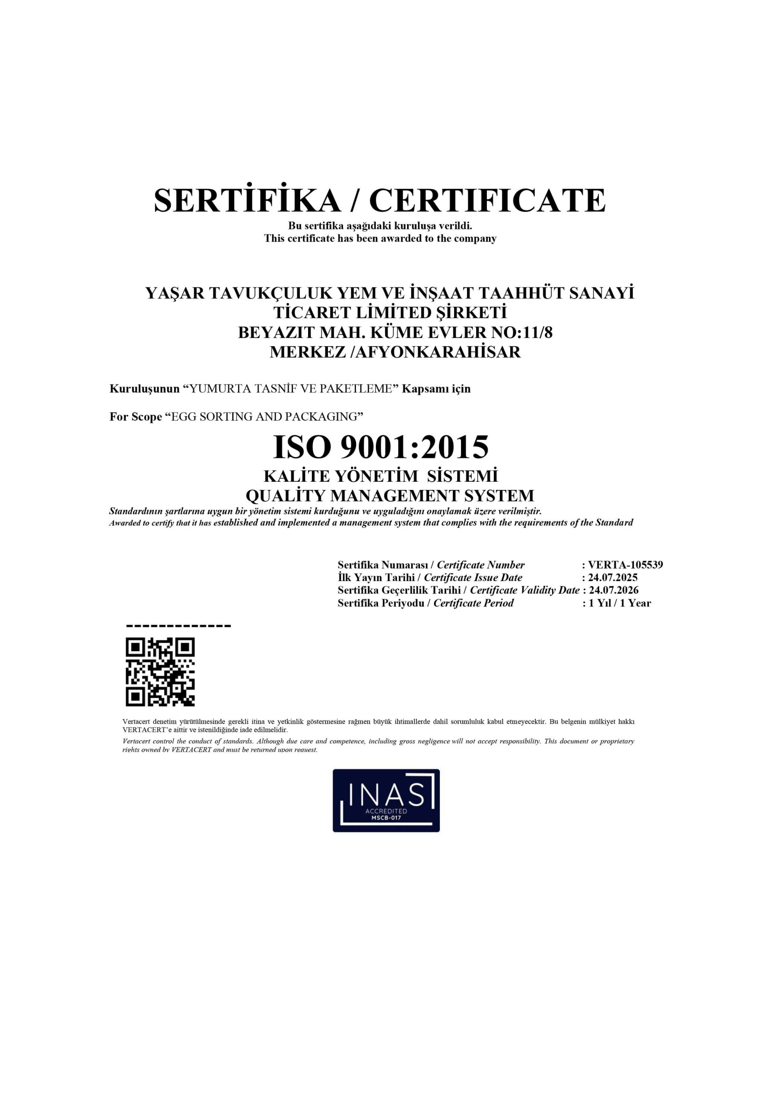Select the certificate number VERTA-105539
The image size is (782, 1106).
pos(626,565)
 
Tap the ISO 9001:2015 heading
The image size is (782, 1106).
pos(381,447)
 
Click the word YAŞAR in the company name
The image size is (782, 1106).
pos(175,293)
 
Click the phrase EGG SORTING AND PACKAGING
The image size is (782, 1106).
pos(264,416)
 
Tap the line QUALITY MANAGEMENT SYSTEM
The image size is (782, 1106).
pos(390,496)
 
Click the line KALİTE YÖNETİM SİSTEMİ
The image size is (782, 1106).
pos(381,477)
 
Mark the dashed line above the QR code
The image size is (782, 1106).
pos(178,626)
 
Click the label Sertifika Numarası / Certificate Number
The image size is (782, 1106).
pos(431,565)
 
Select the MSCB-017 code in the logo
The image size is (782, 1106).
pos(386,818)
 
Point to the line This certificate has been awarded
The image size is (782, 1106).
pos(380,238)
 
